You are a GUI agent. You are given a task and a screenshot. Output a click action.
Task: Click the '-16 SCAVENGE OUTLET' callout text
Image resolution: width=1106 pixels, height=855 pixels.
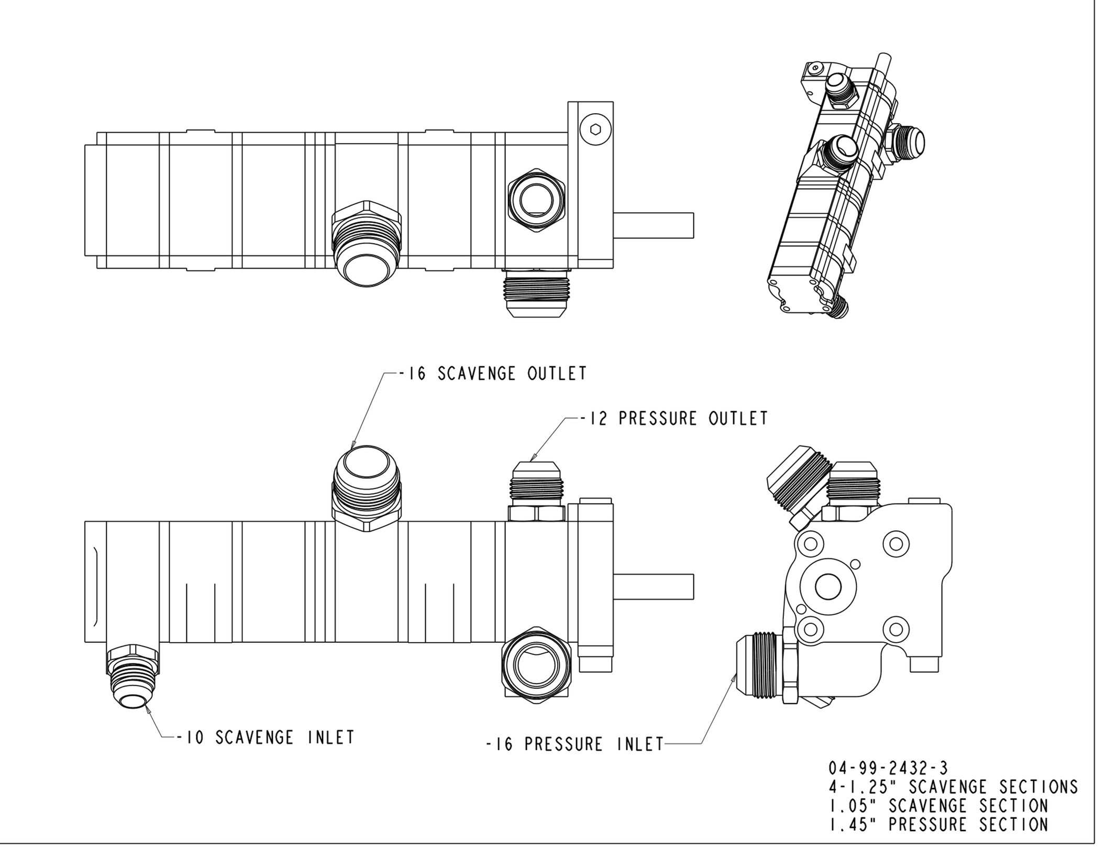click(492, 374)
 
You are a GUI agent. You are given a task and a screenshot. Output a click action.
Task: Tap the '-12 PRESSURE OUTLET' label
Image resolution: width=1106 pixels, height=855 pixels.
click(674, 419)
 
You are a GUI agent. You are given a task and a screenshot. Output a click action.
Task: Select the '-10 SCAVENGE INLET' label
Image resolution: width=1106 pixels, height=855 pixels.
click(265, 738)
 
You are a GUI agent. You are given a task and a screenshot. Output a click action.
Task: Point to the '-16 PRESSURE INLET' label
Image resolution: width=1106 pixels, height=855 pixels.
click(574, 744)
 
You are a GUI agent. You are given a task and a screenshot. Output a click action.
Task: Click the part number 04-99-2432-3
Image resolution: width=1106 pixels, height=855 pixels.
click(888, 769)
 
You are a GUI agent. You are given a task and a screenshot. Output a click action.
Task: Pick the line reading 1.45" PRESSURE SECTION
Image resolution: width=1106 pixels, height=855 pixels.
click(938, 825)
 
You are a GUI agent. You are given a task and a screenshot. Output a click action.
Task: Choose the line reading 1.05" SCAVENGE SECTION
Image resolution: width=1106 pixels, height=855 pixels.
click(938, 806)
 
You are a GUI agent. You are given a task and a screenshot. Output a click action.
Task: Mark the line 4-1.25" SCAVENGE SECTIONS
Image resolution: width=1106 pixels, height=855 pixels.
click(953, 787)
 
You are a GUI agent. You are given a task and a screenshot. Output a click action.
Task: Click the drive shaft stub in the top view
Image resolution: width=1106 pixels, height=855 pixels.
click(653, 225)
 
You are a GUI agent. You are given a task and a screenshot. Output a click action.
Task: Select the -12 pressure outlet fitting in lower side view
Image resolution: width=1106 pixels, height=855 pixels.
click(537, 491)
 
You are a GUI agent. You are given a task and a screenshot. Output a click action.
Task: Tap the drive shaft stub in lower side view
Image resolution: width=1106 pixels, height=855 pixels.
click(653, 586)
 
